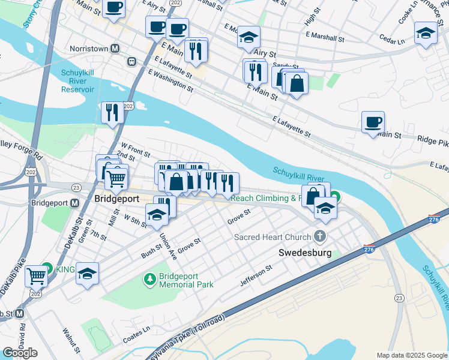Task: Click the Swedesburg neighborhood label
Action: pyautogui.click(x=305, y=253)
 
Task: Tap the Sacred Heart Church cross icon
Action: pyautogui.click(x=320, y=236)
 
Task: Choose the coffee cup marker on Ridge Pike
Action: pyautogui.click(x=373, y=123)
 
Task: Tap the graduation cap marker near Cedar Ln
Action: pyautogui.click(x=426, y=34)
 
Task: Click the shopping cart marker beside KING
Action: pyautogui.click(x=37, y=276)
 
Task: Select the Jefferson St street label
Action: pyautogui.click(x=256, y=275)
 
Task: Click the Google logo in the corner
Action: pyautogui.click(x=20, y=353)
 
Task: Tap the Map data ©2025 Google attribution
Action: pyautogui.click(x=412, y=355)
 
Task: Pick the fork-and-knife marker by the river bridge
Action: pyautogui.click(x=112, y=113)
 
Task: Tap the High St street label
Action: pyautogui.click(x=310, y=20)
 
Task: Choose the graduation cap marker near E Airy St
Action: pyautogui.click(x=248, y=38)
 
